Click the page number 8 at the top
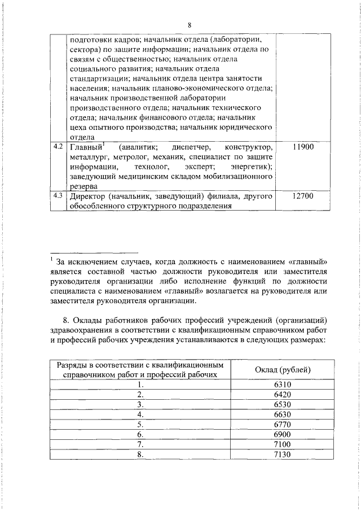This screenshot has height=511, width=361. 190,25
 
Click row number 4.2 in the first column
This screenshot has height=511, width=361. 57,147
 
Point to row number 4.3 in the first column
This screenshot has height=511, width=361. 57,196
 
